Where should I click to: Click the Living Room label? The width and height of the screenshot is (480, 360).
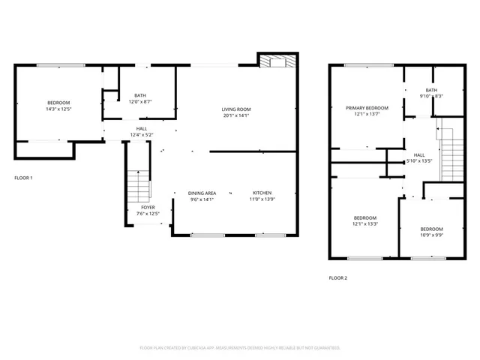point(235,109)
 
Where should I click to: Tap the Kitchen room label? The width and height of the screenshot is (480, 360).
point(262,193)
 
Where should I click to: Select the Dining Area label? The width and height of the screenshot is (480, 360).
point(202,193)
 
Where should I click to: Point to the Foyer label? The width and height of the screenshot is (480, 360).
point(148,208)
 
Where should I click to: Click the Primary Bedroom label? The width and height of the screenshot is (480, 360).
point(367,108)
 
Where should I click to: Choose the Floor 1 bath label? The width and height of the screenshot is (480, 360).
point(140,95)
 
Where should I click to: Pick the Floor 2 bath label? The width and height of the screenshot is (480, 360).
point(431,90)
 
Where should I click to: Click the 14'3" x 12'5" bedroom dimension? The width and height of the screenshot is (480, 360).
point(58,109)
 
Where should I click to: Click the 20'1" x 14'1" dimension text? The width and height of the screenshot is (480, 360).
point(235,115)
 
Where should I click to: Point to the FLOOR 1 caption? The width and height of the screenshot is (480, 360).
point(23,178)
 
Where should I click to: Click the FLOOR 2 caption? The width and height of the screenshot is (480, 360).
point(338,277)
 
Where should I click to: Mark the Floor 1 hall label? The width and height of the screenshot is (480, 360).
point(141,128)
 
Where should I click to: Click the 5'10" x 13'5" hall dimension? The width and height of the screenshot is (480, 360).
point(419,160)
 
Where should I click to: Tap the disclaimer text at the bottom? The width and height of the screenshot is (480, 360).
point(240,348)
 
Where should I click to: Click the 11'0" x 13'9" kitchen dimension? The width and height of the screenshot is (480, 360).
point(262,199)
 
